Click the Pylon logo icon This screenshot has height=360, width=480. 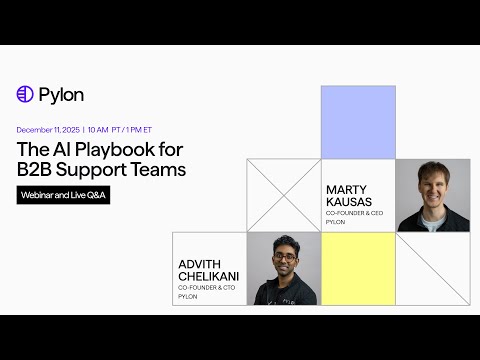coord(25,94)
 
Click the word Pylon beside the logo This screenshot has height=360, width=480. coord(61,94)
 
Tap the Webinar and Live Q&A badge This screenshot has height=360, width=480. coord(63,195)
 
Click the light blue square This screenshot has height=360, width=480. coord(358,122)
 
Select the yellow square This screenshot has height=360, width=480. coord(358,268)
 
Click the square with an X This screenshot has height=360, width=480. coord(283,195)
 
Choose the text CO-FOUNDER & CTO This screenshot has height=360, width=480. coord(208,288)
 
